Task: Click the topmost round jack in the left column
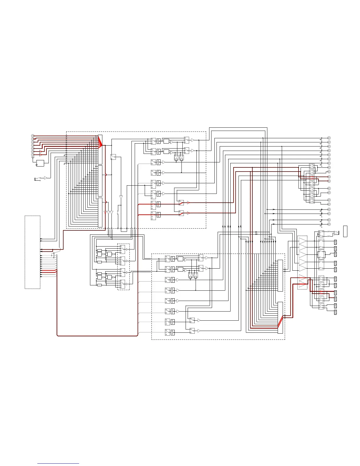coord(33,136)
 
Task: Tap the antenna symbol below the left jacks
coord(32,158)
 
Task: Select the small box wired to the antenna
coord(40,163)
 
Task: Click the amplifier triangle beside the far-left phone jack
coord(46,178)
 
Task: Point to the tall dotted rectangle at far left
coord(32,252)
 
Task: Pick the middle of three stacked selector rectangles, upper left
coord(100,181)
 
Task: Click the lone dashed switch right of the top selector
coord(113,157)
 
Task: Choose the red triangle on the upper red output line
coord(188,203)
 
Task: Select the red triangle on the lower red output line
coord(188,213)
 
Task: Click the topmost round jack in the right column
coord(329,138)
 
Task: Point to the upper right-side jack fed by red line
coord(329,177)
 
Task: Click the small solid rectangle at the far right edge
coord(345,231)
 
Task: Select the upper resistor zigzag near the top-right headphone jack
coord(329,232)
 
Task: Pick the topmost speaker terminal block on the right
coord(335,242)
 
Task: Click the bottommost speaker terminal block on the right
coord(335,312)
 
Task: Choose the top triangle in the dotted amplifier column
coord(303,242)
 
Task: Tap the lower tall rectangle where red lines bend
coord(280,317)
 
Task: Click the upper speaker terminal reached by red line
coord(335,292)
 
